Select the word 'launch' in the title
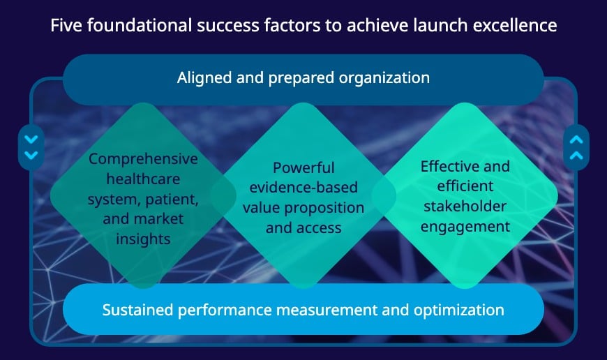pyautogui.click(x=450, y=26)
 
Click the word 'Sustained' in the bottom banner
pyautogui.click(x=136, y=309)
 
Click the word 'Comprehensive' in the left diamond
pyautogui.click(x=143, y=159)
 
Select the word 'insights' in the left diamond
pyautogui.click(x=144, y=239)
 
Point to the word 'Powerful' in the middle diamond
pyautogui.click(x=303, y=167)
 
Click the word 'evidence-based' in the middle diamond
pyautogui.click(x=303, y=188)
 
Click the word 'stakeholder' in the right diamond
pyautogui.click(x=465, y=207)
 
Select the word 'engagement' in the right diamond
pyautogui.click(x=465, y=226)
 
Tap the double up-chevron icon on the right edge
pyautogui.click(x=576, y=147)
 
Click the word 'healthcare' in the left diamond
pyautogui.click(x=143, y=179)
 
